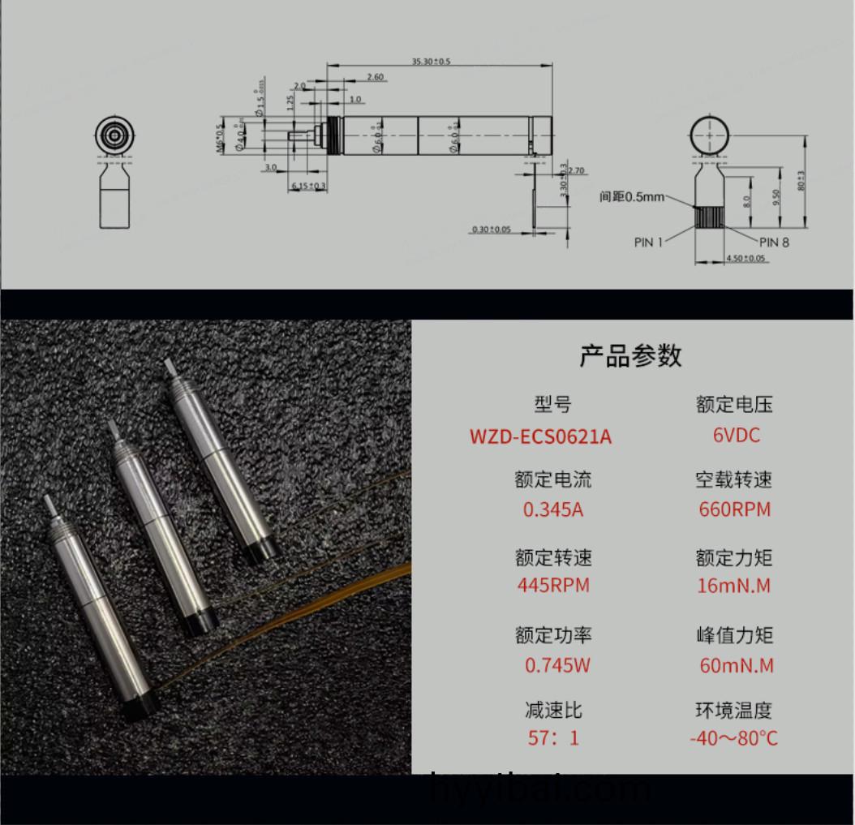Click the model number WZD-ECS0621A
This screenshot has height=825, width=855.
point(540,436)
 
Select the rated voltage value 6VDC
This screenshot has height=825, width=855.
point(736,435)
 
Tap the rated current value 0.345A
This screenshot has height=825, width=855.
point(553,510)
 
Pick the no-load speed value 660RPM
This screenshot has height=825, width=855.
point(734,509)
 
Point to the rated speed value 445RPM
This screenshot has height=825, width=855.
point(553,585)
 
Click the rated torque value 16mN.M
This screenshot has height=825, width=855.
point(734,585)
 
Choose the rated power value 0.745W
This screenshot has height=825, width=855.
point(556,665)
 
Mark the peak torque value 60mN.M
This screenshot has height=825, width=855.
point(736,665)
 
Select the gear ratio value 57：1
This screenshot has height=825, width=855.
point(553,738)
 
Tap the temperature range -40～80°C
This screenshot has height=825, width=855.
point(733,738)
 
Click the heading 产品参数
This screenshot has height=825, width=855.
point(630,355)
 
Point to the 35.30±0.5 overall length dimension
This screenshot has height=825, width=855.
point(430,62)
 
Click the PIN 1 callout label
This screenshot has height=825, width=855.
point(648,242)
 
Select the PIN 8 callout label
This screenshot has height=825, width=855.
point(774,242)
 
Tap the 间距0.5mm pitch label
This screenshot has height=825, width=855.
point(632,196)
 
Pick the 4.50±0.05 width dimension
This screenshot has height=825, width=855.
point(745,259)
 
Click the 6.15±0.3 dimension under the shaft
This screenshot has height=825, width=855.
point(308,187)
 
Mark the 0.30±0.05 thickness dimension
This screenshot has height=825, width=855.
point(492,230)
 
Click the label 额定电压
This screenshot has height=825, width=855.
point(734,404)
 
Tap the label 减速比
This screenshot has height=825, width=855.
point(553,711)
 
